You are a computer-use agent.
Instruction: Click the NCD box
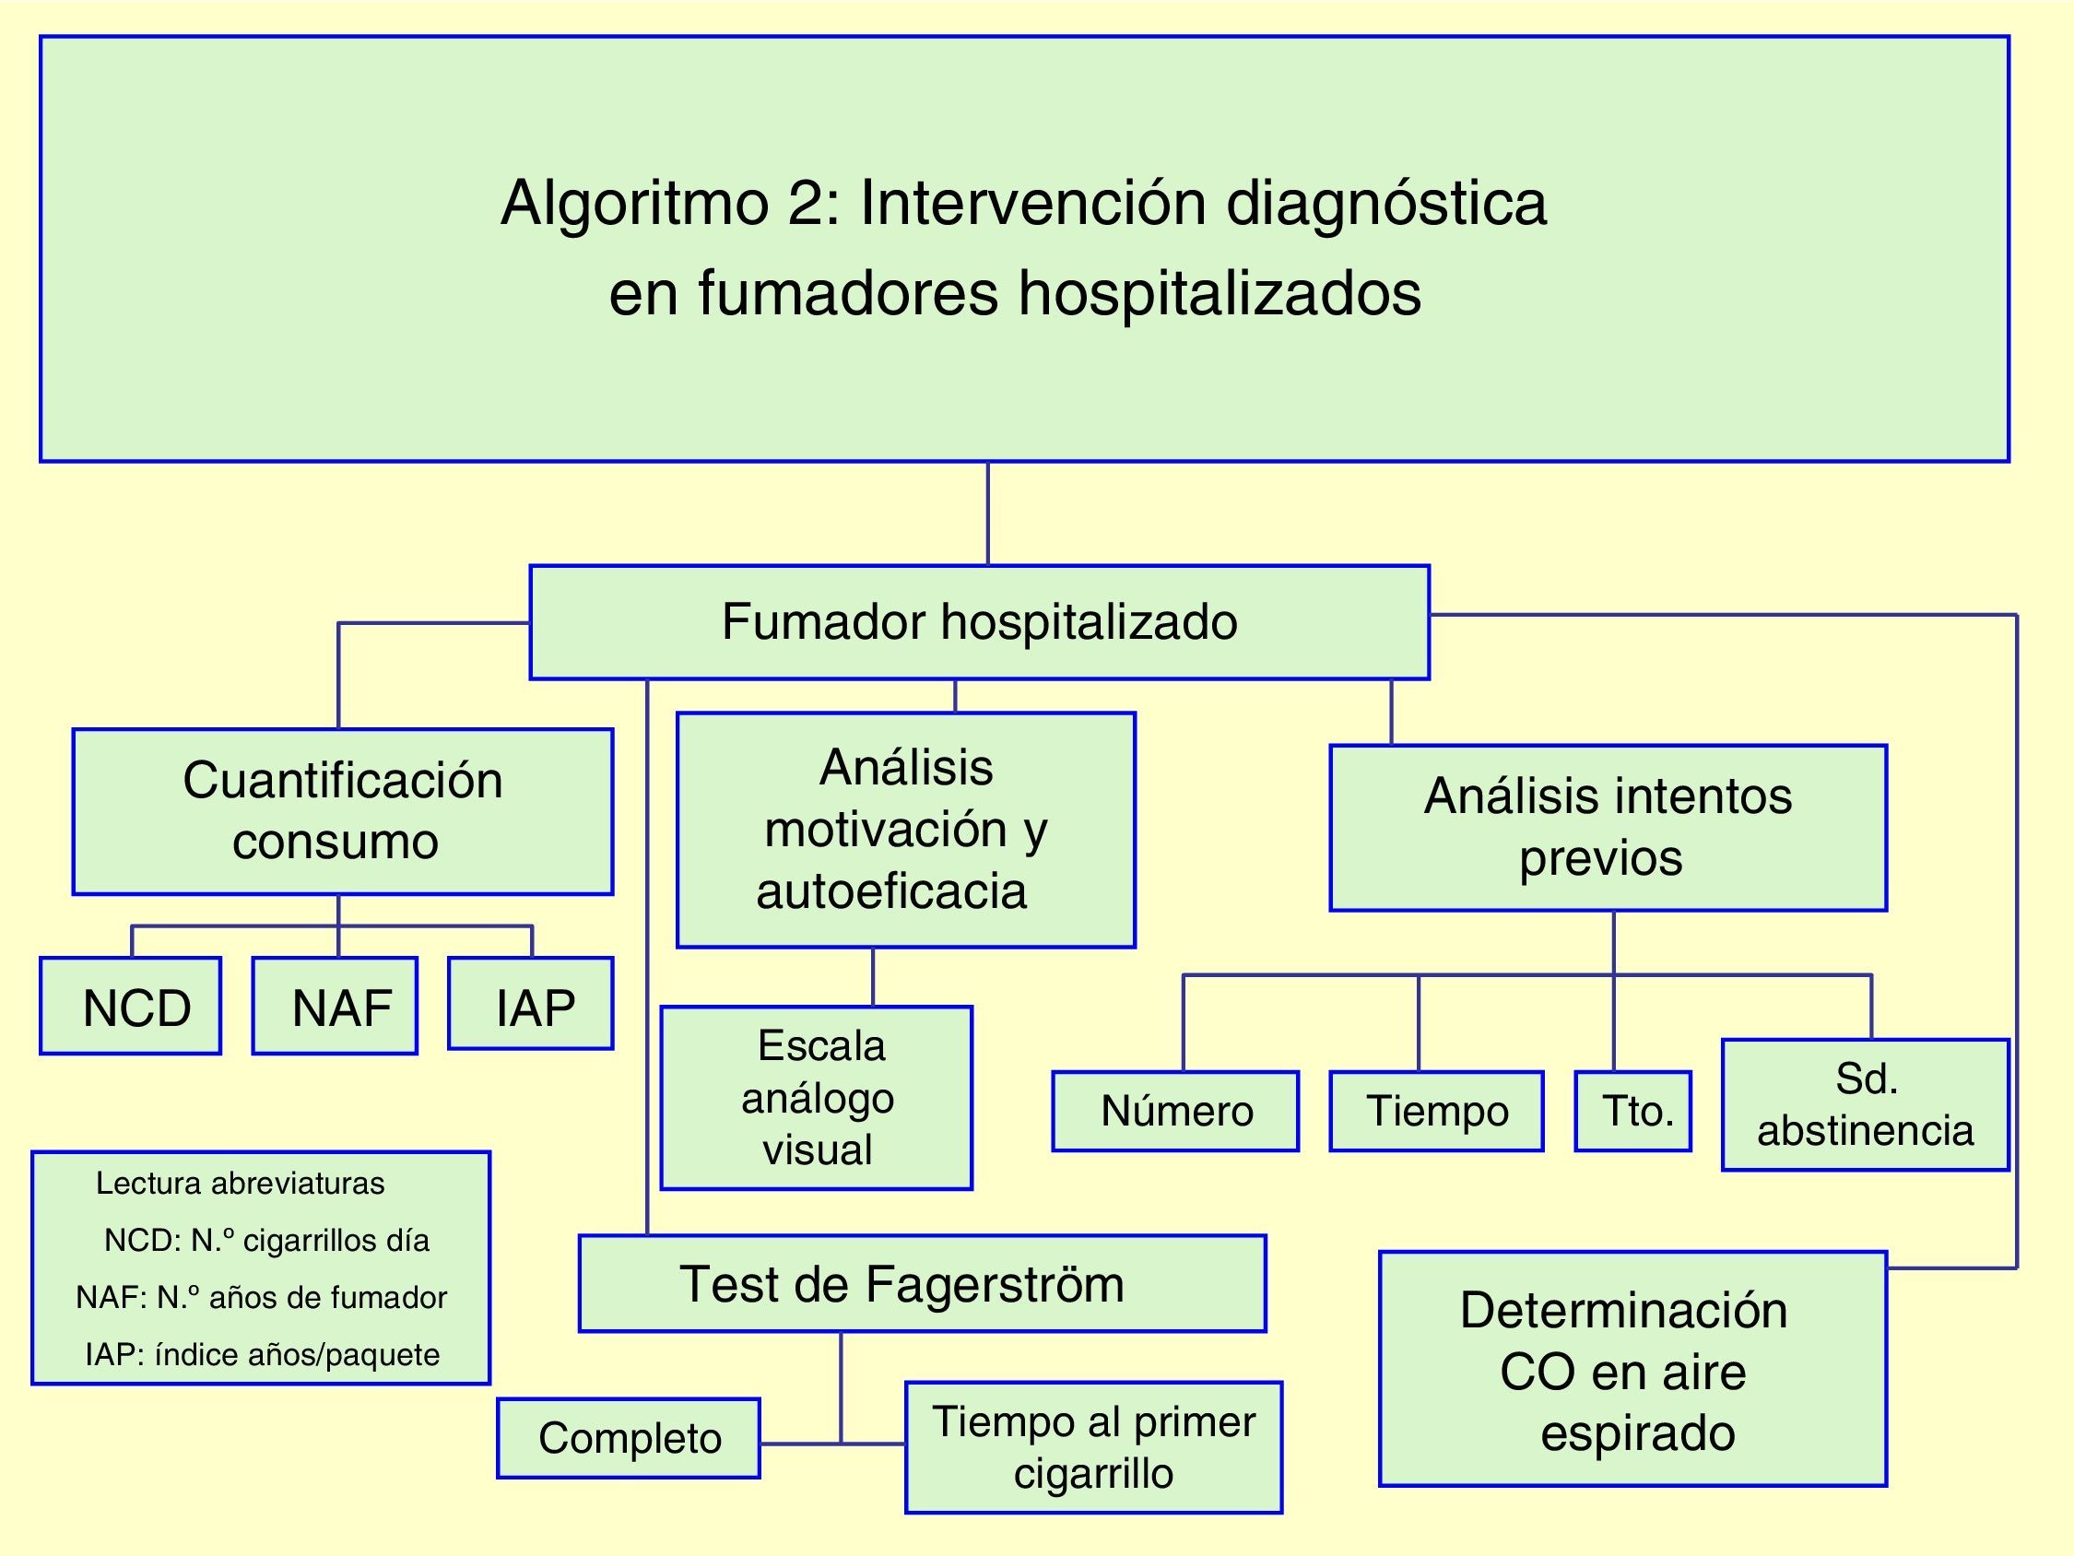[x=131, y=1007]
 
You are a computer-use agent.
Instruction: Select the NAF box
[x=335, y=1007]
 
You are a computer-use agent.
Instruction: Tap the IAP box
[x=531, y=1004]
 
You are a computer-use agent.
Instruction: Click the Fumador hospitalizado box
[x=979, y=622]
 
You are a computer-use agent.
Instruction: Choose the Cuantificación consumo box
[x=342, y=811]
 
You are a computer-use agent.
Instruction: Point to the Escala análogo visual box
[x=817, y=1098]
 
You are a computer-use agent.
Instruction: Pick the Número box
[x=1176, y=1112]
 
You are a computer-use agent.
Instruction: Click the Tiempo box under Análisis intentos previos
[x=1436, y=1112]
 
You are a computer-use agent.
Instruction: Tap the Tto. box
[x=1633, y=1112]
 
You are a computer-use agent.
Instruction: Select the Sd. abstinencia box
[x=1865, y=1105]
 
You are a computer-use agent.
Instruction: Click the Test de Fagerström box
[x=923, y=1283]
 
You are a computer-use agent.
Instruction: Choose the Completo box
[x=630, y=1438]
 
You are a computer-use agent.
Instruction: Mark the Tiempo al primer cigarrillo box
[x=1093, y=1447]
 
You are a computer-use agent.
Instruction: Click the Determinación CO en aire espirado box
[x=1632, y=1369]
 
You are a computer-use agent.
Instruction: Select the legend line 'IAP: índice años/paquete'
[x=262, y=1354]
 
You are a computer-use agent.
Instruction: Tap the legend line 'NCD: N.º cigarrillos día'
[x=266, y=1240]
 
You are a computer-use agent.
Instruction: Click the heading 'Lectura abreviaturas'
[x=240, y=1184]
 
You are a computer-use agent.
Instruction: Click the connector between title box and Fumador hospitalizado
[x=988, y=513]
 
